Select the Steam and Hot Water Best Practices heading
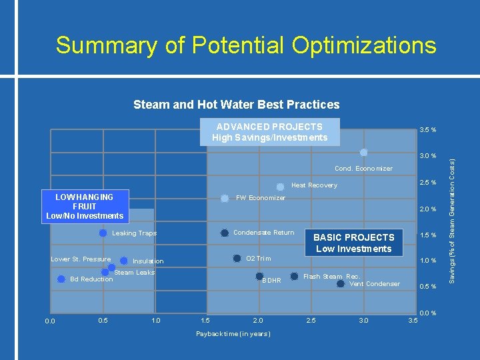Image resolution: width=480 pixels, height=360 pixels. (x=236, y=105)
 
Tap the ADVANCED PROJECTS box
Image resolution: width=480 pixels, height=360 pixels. (x=270, y=132)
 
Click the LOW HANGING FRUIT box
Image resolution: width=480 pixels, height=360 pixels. (x=85, y=206)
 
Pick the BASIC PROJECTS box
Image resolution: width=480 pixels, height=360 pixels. (x=353, y=243)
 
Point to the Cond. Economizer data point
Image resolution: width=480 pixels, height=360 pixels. (x=364, y=153)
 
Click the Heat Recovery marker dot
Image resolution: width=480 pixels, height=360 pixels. (x=280, y=187)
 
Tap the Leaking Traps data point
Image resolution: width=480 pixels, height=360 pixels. (x=103, y=233)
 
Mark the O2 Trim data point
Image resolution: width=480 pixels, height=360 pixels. (x=236, y=258)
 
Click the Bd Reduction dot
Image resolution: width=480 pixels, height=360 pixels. (x=61, y=279)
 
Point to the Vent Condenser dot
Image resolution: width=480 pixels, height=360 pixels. (x=341, y=283)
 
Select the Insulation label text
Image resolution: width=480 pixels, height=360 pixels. (x=148, y=261)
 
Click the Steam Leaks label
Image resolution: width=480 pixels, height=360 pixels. (x=134, y=273)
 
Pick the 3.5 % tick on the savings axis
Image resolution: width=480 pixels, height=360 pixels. (x=427, y=130)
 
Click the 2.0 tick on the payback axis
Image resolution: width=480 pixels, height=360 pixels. (x=258, y=321)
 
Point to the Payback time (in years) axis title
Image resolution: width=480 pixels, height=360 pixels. (x=233, y=333)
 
